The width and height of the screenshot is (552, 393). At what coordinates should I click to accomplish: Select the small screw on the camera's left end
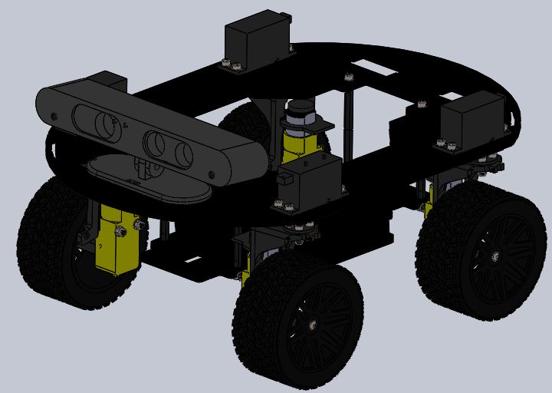(54, 115)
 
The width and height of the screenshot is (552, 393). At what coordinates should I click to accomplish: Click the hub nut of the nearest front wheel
(312, 325)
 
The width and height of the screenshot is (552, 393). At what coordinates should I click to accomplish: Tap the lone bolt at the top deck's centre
(349, 77)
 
